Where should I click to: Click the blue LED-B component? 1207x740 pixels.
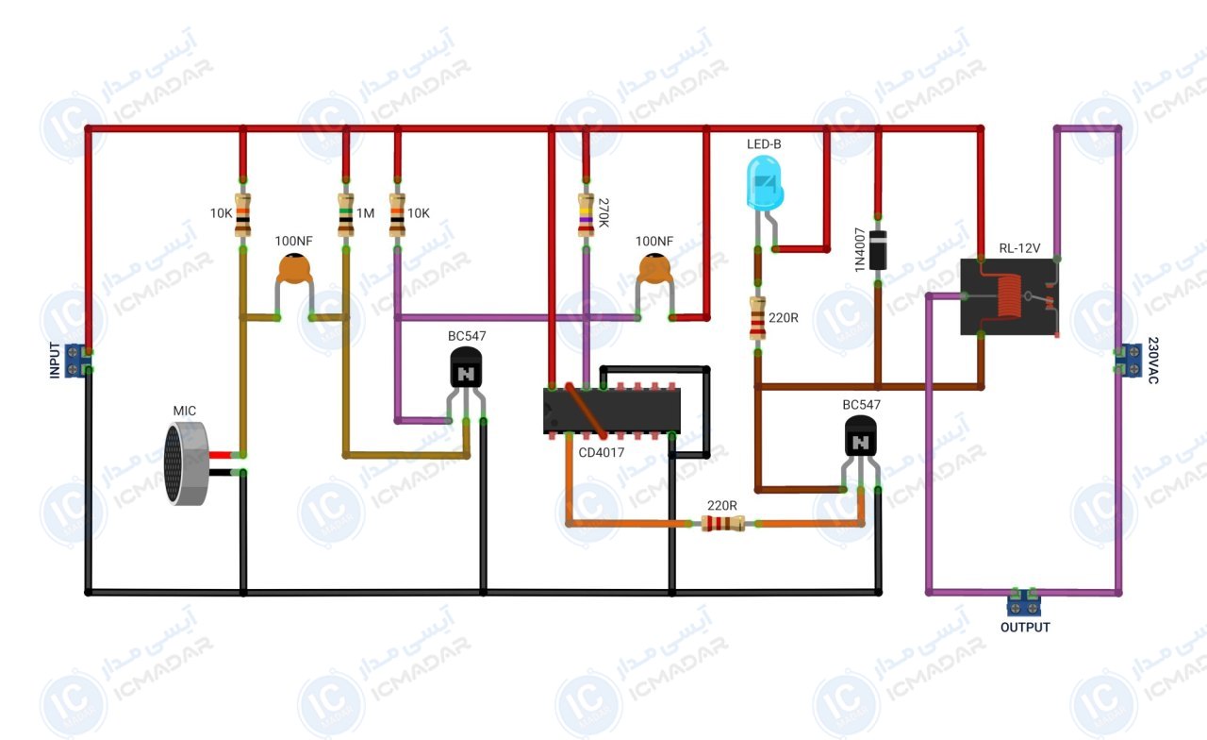pyautogui.click(x=765, y=183)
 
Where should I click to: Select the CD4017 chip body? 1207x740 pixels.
pyautogui.click(x=612, y=410)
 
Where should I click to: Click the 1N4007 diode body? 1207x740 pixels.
pyautogui.click(x=878, y=250)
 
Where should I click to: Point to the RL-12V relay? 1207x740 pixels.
pyautogui.click(x=1009, y=296)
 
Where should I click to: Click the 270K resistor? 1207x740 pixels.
pyautogui.click(x=586, y=215)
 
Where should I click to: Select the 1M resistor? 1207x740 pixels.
pyautogui.click(x=346, y=215)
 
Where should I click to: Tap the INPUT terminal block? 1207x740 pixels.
pyautogui.click(x=75, y=361)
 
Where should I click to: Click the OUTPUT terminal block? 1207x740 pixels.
pyautogui.click(x=1024, y=604)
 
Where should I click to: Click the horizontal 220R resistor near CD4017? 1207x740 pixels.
pyautogui.click(x=723, y=523)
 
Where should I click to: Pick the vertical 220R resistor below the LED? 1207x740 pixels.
pyautogui.click(x=757, y=318)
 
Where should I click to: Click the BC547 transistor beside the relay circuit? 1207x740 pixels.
pyautogui.click(x=861, y=437)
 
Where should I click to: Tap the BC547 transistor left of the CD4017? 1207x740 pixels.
pyautogui.click(x=466, y=368)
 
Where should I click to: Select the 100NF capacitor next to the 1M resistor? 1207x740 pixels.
pyautogui.click(x=294, y=269)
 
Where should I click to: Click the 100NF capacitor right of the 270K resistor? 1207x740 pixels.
pyautogui.click(x=654, y=269)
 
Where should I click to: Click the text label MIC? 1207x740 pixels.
pyautogui.click(x=184, y=411)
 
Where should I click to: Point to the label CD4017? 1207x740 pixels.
pyautogui.click(x=602, y=452)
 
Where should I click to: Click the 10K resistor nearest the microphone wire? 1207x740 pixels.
pyautogui.click(x=243, y=215)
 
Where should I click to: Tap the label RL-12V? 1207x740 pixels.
pyautogui.click(x=1019, y=248)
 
